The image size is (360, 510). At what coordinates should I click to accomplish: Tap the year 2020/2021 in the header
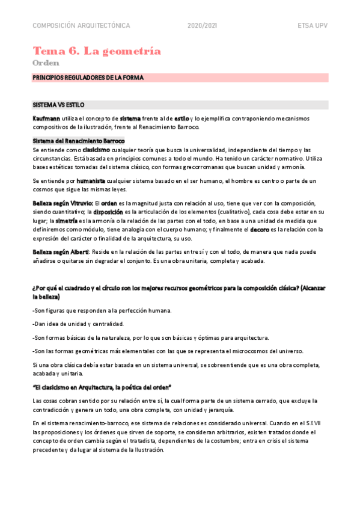(x=203, y=26)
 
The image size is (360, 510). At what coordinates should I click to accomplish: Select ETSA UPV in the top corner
(x=312, y=26)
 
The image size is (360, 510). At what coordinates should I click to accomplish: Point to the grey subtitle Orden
(x=46, y=63)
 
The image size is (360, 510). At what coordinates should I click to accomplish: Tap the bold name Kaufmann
(x=47, y=118)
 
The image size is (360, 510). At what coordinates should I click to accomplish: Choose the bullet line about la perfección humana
(x=102, y=310)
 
